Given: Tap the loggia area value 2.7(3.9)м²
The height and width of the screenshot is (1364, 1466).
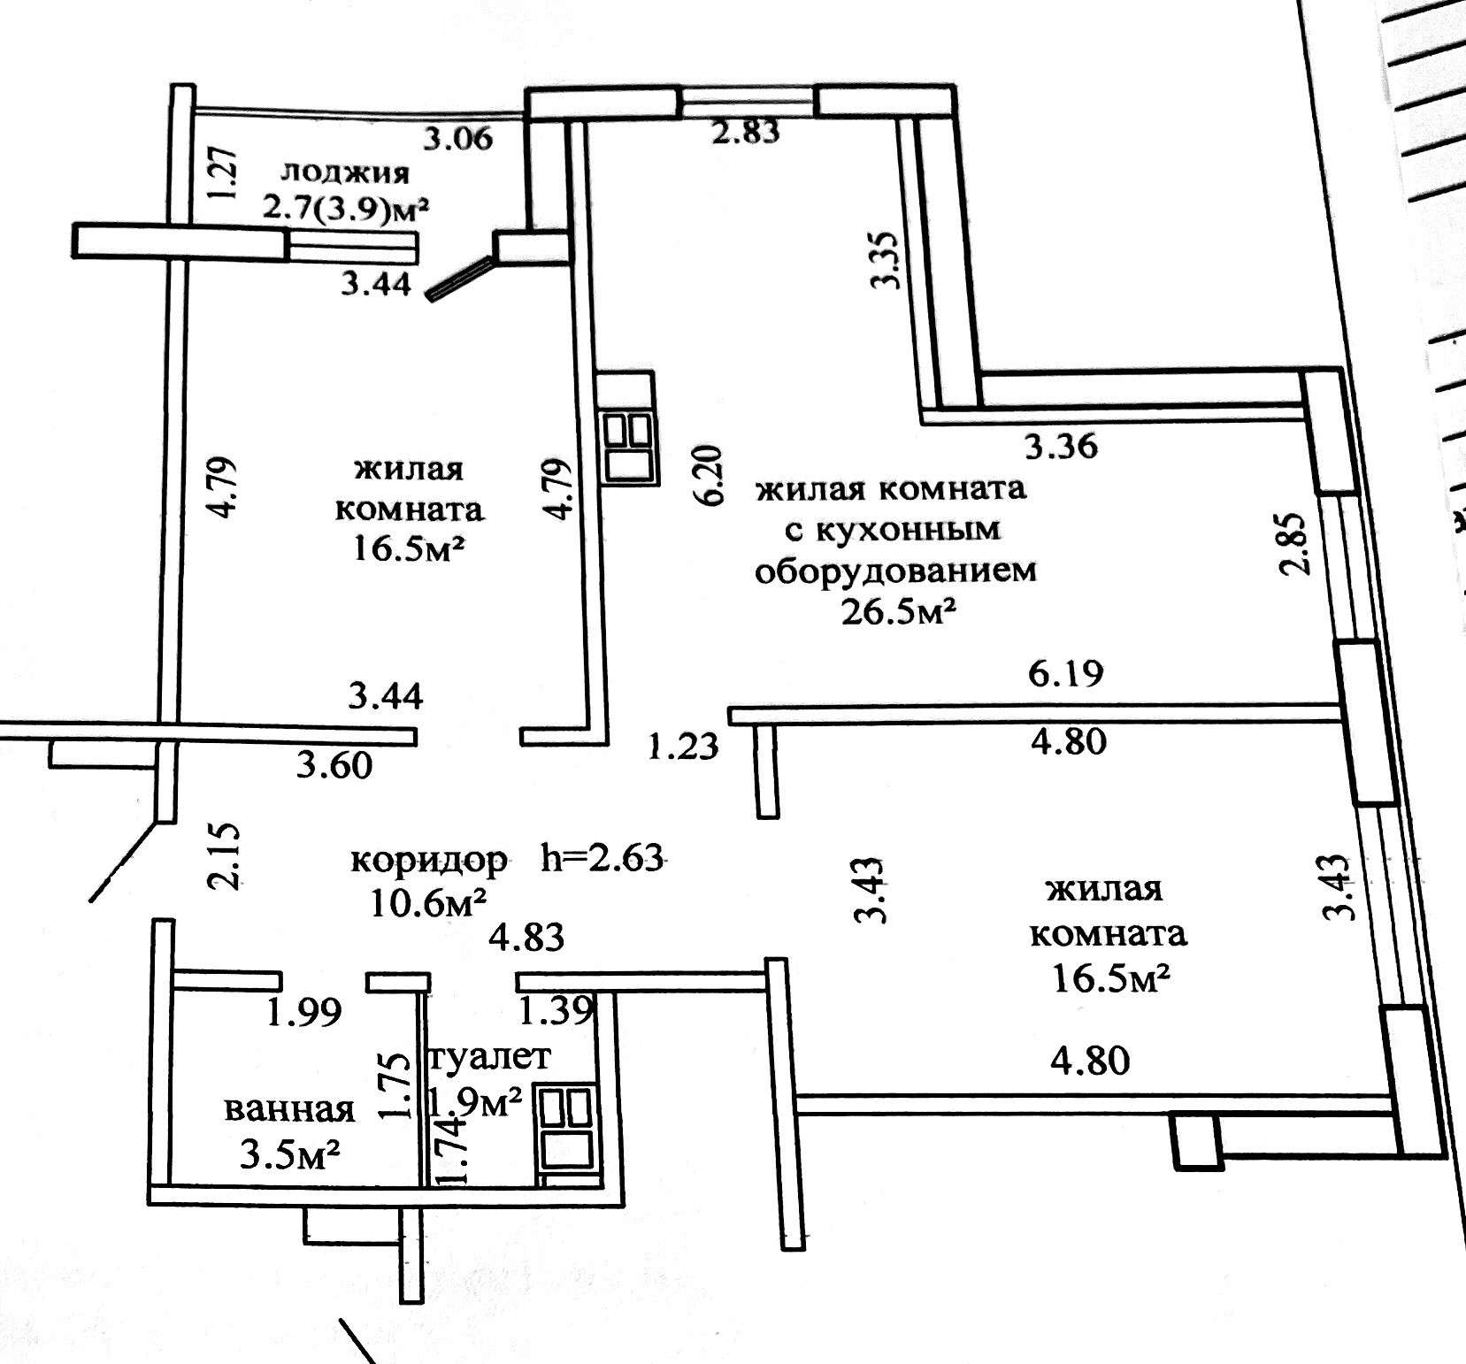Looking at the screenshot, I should click(345, 211).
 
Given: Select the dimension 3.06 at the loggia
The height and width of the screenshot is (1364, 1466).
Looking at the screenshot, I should click(457, 138).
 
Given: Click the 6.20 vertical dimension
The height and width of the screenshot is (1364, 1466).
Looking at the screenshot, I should click(711, 475).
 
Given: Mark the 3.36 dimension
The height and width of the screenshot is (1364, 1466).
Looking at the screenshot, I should click(1061, 446).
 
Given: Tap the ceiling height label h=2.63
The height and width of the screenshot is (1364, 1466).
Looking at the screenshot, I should click(602, 858).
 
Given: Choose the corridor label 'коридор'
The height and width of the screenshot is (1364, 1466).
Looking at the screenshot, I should click(429, 860).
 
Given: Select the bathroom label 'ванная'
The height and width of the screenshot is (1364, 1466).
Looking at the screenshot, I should click(289, 1109).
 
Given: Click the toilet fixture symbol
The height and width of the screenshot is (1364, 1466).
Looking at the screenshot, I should click(565, 1132).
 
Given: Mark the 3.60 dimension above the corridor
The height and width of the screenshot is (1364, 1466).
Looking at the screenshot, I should click(334, 766).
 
